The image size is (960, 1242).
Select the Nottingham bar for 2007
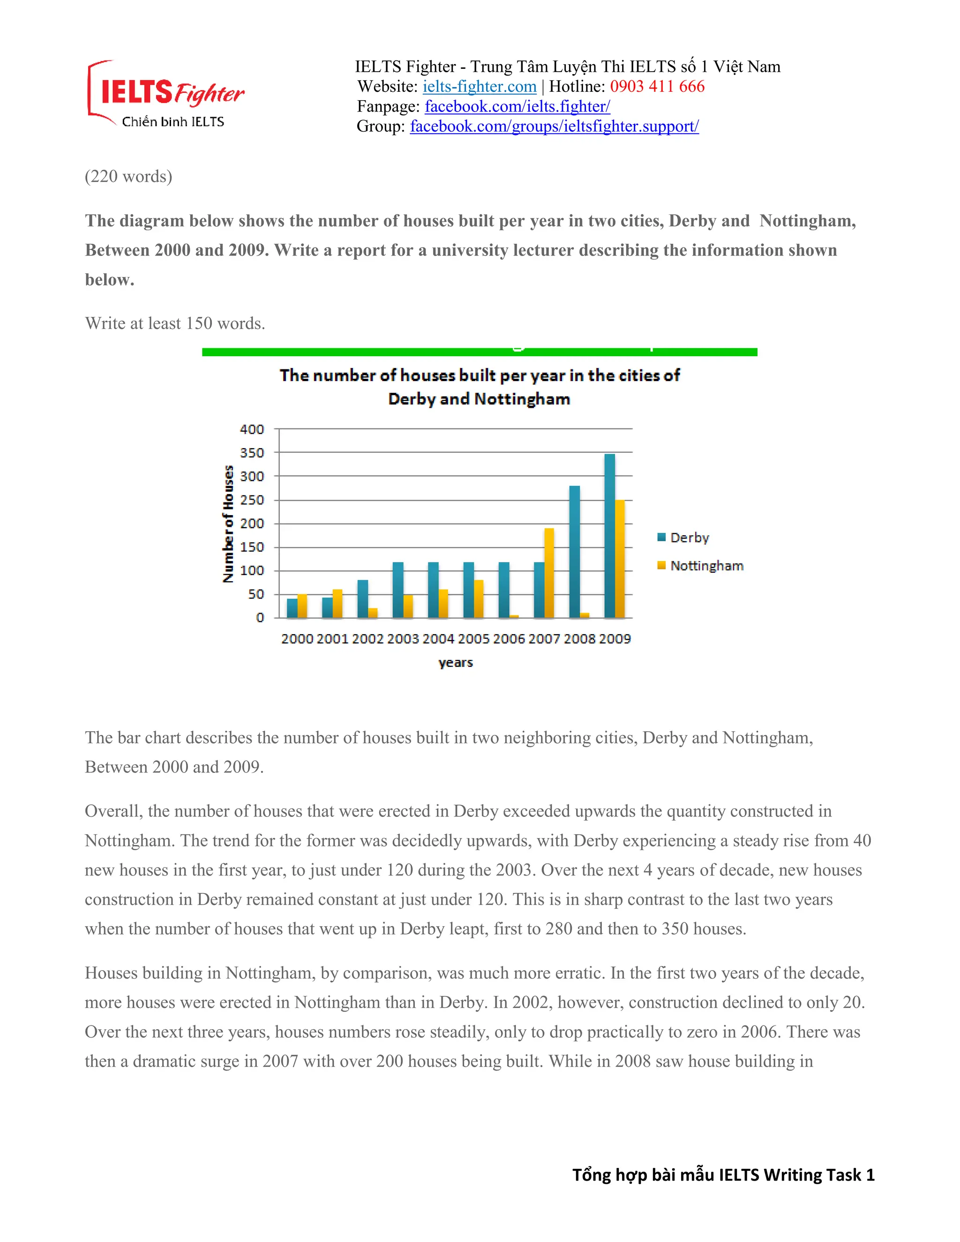(x=549, y=573)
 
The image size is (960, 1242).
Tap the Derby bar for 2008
(x=574, y=552)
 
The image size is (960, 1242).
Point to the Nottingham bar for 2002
(x=373, y=613)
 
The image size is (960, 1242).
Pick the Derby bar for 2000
(x=292, y=608)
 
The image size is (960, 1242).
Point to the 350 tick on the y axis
(x=252, y=453)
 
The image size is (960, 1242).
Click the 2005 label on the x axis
(x=473, y=639)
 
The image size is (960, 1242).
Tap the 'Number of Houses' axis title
(x=228, y=524)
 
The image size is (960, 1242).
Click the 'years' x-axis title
(x=456, y=663)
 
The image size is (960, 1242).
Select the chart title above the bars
(x=480, y=387)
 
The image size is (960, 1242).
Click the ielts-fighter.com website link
(x=479, y=86)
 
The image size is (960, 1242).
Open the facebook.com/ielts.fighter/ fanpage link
(x=517, y=106)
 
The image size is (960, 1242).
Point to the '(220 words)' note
(x=128, y=176)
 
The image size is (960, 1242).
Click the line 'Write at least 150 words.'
(x=175, y=323)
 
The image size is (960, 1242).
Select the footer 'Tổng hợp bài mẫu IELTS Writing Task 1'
(x=723, y=1175)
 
